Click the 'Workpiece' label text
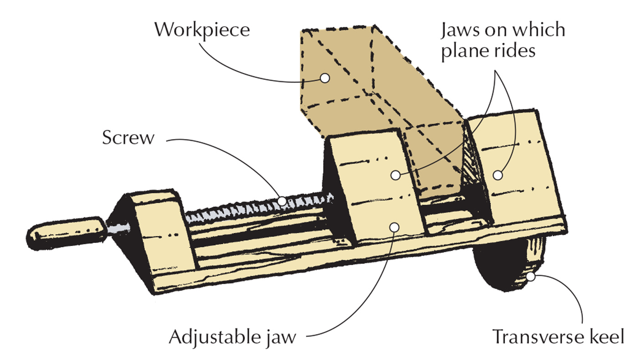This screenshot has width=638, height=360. [202, 30]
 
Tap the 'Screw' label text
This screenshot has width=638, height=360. [128, 138]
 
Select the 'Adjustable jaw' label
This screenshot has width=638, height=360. [232, 338]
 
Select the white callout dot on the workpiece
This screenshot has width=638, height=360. [324, 78]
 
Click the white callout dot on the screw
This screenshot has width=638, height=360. [282, 200]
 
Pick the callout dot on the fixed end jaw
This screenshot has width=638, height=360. [498, 175]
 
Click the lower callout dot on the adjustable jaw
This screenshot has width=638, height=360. [395, 226]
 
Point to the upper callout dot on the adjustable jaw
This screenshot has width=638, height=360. [396, 175]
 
